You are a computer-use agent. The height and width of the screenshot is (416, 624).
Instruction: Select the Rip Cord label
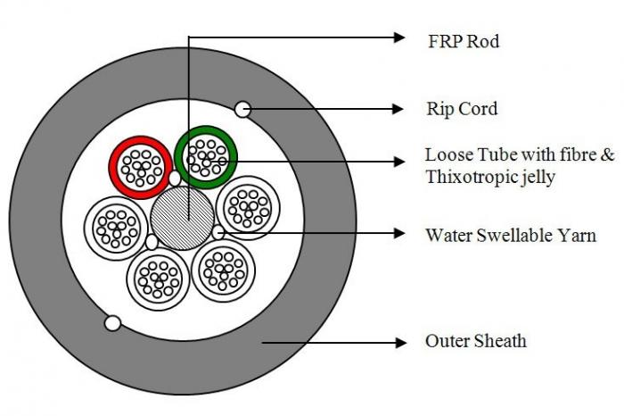click(461, 110)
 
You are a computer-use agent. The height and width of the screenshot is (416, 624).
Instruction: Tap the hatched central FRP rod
click(182, 219)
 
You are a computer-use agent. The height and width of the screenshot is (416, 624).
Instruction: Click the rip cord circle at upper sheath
click(242, 109)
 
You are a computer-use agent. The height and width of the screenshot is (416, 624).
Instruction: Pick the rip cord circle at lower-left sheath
click(112, 323)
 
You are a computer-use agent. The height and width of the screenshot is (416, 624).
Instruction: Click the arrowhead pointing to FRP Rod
click(398, 37)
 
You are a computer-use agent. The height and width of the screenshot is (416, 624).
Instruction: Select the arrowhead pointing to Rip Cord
click(398, 109)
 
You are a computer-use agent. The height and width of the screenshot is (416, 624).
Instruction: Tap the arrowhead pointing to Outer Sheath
click(398, 341)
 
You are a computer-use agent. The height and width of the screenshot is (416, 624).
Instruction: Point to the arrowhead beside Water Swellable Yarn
click(398, 235)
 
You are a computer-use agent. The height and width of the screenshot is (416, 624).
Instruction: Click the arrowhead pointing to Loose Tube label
click(398, 161)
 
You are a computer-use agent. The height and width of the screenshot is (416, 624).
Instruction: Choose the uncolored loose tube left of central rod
click(115, 223)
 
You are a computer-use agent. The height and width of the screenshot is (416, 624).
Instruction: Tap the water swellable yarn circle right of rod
click(218, 233)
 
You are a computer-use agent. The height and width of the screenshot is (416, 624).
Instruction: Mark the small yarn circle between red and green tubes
click(175, 179)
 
